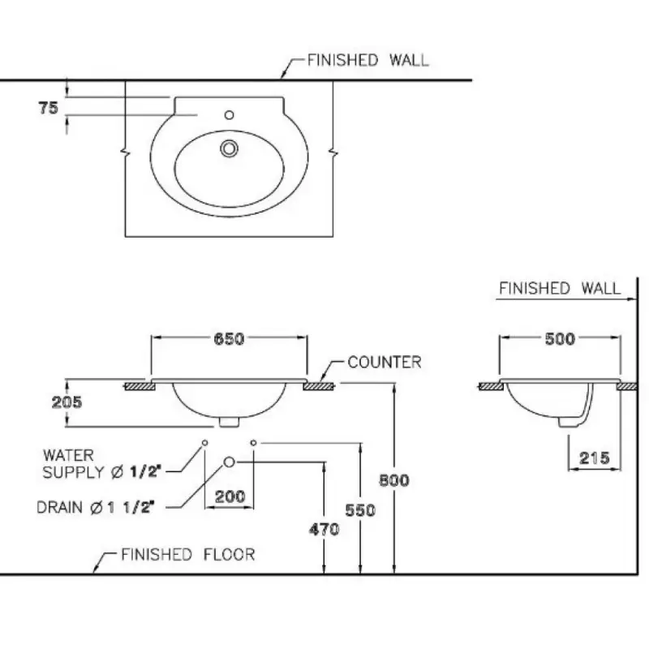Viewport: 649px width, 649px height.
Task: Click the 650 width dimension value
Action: click(x=230, y=339)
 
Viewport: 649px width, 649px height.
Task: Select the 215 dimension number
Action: click(x=593, y=458)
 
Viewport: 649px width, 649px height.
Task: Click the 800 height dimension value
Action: click(x=394, y=479)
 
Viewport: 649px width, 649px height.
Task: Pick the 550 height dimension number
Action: click(x=360, y=510)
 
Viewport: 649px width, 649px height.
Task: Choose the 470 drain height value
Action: click(x=324, y=530)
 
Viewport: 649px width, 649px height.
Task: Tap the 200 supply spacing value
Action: click(x=230, y=496)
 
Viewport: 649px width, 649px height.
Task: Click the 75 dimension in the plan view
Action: click(x=48, y=107)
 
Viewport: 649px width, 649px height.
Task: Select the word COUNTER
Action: click(x=385, y=362)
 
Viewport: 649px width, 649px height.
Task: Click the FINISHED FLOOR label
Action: click(x=187, y=555)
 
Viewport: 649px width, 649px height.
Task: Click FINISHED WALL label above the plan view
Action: click(x=368, y=60)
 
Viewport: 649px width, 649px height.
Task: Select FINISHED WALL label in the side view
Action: click(x=560, y=288)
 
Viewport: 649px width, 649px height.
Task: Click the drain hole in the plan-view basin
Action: click(x=230, y=148)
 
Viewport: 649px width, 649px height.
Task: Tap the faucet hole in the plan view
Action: click(x=230, y=114)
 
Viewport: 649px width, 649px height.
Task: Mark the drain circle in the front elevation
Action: click(x=230, y=462)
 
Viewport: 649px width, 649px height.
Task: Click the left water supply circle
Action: click(x=204, y=442)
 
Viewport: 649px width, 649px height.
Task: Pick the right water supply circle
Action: click(x=254, y=442)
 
